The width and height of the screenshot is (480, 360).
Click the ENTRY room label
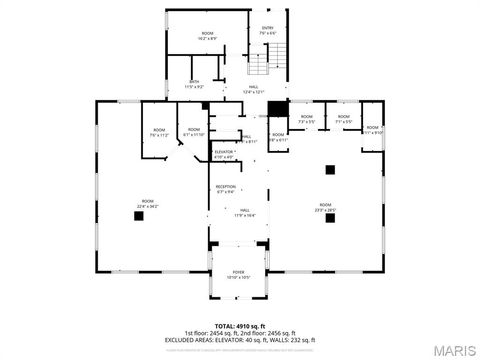pos(267,30)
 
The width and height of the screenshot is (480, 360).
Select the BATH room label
pos(194,84)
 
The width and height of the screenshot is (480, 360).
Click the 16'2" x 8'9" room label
pos(207,36)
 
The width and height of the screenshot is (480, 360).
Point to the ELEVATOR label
pos(223,154)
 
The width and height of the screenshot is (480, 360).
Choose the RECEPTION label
pos(226,189)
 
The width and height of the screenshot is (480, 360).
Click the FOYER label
pos(238,274)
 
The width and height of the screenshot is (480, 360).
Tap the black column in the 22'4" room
pos(140,220)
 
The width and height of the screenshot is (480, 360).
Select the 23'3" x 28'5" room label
pos(326,206)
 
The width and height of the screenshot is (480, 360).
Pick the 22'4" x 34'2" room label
pos(147,206)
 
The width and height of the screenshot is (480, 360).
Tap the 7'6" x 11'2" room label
pos(158,132)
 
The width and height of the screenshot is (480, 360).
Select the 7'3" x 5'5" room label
pos(306,120)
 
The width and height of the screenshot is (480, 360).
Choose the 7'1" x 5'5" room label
pos(343,120)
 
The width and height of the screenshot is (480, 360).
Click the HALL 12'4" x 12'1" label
pos(253,90)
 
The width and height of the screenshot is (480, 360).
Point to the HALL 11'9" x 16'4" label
pos(244,213)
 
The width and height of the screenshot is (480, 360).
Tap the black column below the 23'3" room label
pos(329,219)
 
